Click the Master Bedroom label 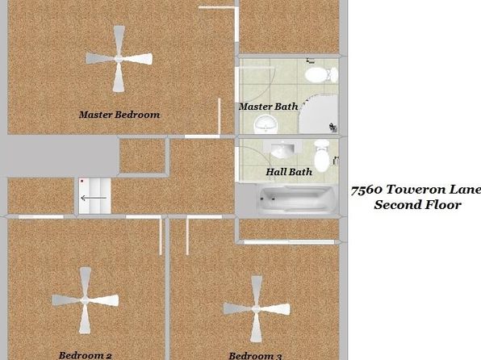[x=119, y=115]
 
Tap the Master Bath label [x=269, y=107]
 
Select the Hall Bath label [x=289, y=172]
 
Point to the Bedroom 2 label [x=86, y=355]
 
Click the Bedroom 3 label [x=255, y=356]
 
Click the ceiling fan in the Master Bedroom [x=119, y=59]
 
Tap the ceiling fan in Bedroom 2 [x=85, y=300]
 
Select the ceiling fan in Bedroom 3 [x=257, y=309]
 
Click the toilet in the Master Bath [x=321, y=74]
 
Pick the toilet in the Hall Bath [x=321, y=155]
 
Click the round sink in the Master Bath [x=266, y=124]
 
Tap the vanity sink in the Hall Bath [x=282, y=149]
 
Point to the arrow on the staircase [x=94, y=199]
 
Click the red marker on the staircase [x=82, y=181]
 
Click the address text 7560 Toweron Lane [x=416, y=190]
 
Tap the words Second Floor [x=417, y=205]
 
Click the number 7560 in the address [x=366, y=190]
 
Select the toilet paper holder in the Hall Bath [x=337, y=161]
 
